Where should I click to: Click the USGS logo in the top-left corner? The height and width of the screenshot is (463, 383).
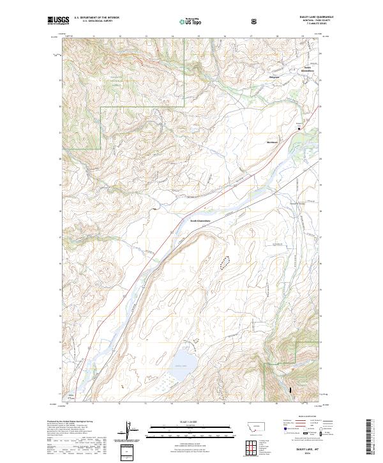click(57, 21)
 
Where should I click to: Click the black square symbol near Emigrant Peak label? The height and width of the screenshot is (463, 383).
click(299, 128)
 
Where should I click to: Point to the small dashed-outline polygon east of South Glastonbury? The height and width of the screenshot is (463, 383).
click(225, 261)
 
